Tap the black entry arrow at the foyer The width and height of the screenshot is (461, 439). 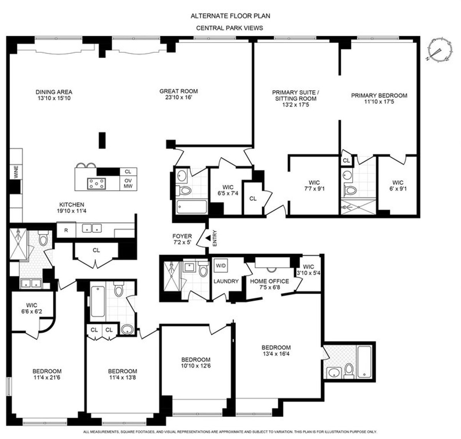click(208, 238)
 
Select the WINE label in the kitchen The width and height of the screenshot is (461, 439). click(16, 172)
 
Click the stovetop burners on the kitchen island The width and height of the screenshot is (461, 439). click(96, 184)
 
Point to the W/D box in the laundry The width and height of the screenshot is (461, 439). click(221, 265)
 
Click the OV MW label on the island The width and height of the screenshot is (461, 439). click(128, 183)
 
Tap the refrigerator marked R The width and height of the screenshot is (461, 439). click(66, 230)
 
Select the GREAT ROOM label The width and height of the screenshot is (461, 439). click(179, 91)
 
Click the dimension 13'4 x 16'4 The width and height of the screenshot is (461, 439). click(276, 353)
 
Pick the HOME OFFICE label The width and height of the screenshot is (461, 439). click(269, 281)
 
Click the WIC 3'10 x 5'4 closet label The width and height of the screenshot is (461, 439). click(308, 270)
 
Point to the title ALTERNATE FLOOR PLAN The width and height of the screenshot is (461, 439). click(230, 16)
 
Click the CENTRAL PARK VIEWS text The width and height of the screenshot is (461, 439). click(230, 28)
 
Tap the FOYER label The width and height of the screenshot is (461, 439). click(182, 236)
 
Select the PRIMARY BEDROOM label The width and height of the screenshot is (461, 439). click(379, 96)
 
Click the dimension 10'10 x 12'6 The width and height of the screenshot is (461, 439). click(196, 366)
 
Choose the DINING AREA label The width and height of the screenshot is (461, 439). click(54, 92)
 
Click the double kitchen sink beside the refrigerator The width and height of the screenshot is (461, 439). click(92, 229)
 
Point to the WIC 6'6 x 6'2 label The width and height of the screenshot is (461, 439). click(32, 309)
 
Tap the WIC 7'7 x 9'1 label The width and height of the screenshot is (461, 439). click(314, 186)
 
